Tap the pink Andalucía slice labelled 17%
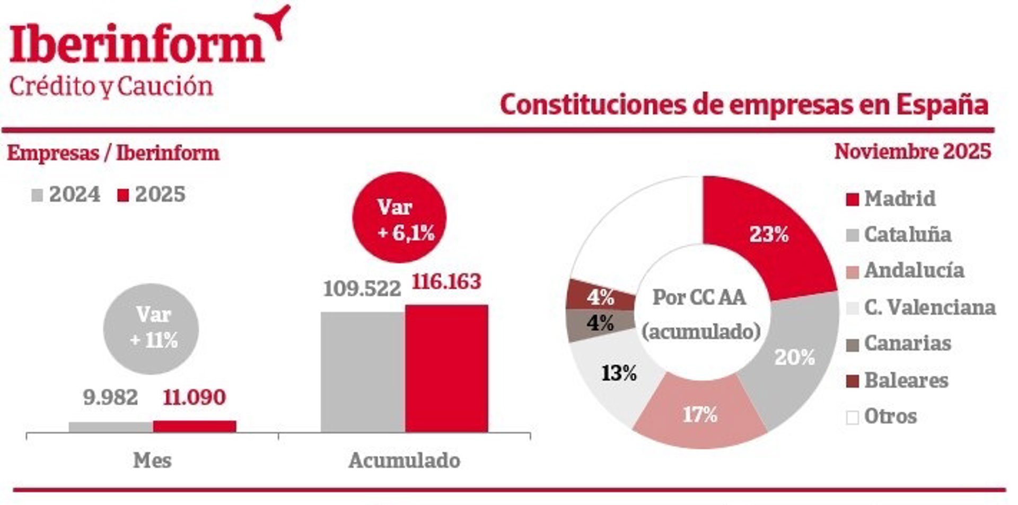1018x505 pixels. tap(700, 414)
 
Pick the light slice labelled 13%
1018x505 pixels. tap(618, 373)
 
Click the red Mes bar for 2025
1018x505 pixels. tap(195, 426)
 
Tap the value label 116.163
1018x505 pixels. tap(446, 281)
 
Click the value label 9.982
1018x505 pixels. tap(110, 397)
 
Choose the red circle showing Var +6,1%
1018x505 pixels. tap(400, 218)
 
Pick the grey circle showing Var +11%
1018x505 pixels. tap(151, 329)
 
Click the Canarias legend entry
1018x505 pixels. tap(907, 343)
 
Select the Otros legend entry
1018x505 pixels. tap(890, 417)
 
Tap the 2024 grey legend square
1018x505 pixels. tap(37, 195)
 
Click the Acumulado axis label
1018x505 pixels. tap(404, 460)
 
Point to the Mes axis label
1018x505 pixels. tap(152, 460)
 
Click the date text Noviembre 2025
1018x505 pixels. tap(912, 152)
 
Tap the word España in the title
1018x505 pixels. tap(942, 104)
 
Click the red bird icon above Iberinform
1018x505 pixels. tap(276, 21)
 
